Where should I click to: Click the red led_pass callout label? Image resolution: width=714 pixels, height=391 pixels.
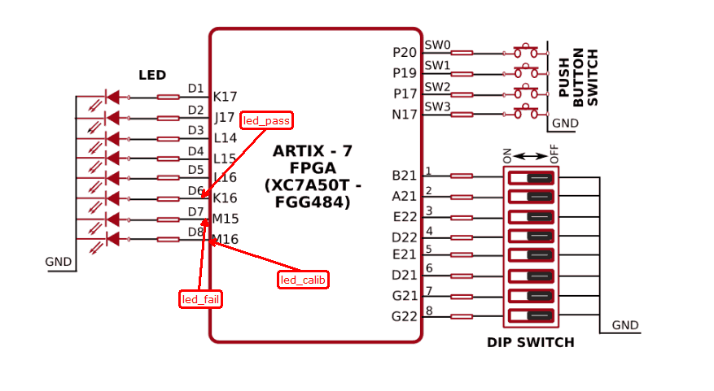coord(267,121)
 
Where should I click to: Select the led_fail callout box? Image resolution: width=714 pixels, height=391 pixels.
coord(201,300)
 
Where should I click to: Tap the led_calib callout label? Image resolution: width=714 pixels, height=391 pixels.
coord(303,280)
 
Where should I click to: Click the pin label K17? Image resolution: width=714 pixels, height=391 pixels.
coord(225,97)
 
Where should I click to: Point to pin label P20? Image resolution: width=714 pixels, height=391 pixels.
coord(405,53)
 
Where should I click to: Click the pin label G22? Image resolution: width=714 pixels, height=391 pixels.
coord(405,316)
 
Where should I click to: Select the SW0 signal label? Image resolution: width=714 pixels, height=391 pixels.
coord(437,46)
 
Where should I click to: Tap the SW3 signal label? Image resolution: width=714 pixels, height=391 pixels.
coord(437,106)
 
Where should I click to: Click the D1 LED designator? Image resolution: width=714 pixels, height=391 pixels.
coord(195,89)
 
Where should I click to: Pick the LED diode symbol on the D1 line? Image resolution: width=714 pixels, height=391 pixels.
coord(112,97)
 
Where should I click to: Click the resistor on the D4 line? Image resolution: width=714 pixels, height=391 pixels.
coord(169,158)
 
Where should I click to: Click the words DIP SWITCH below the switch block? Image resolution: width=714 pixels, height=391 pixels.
coord(530,343)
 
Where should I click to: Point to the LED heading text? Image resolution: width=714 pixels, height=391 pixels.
coord(152,76)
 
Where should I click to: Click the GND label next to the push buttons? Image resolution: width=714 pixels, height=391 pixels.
coord(564,124)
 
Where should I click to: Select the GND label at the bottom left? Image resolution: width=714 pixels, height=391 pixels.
coord(58,262)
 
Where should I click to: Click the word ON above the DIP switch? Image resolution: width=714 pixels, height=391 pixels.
coord(506,154)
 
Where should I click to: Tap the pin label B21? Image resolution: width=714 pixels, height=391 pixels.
coord(405,176)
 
